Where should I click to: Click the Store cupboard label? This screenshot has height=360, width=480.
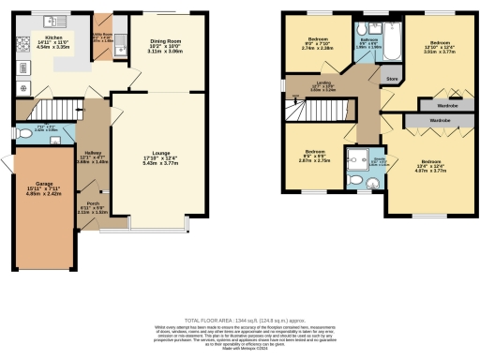(392, 80)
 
